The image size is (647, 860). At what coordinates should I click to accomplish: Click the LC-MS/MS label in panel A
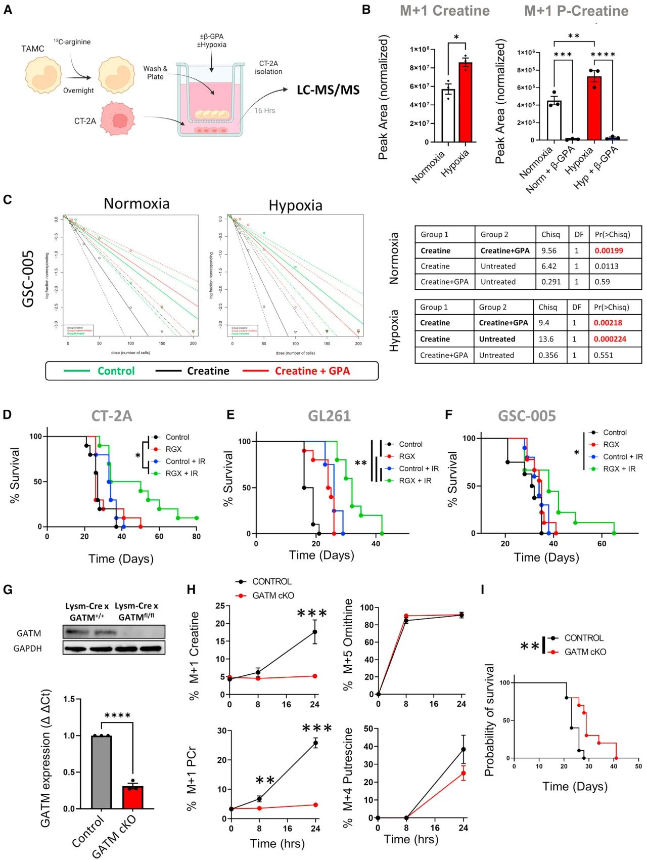328,90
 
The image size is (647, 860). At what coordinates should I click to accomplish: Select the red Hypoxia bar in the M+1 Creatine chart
465,102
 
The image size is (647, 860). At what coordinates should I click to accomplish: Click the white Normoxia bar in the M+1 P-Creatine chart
554,120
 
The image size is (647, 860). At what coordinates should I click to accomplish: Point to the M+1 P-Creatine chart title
576,11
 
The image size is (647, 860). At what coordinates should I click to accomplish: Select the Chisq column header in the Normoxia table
550,234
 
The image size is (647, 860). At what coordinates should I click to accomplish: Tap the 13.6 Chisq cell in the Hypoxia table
546,339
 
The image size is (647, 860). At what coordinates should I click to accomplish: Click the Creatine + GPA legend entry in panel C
312,371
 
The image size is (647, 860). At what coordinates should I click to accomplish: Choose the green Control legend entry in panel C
116,371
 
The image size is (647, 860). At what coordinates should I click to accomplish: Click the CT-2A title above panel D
112,416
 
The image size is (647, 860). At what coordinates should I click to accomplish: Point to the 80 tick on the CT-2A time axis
196,536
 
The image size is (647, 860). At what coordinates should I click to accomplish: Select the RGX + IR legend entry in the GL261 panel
415,481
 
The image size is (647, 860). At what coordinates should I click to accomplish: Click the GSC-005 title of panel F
527,416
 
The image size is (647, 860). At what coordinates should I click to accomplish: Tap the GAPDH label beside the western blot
27,648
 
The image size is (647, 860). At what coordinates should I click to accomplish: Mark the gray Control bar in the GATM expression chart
101,772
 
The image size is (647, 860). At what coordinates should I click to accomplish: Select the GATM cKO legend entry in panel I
585,652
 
